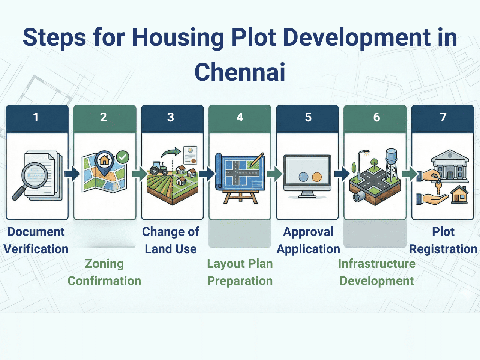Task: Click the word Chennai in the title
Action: [240, 72]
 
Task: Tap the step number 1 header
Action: [36, 117]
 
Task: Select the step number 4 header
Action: [240, 117]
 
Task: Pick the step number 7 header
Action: [443, 117]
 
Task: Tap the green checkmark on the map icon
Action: [122, 157]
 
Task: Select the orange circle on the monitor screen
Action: [317, 177]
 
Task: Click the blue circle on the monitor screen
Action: [303, 177]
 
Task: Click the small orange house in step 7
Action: [459, 195]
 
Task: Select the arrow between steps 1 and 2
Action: [72, 174]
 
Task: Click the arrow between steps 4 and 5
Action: [274, 174]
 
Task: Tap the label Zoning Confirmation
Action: [104, 272]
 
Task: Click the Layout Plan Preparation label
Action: [240, 272]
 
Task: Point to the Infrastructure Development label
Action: [376, 272]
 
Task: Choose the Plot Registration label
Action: [443, 240]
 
